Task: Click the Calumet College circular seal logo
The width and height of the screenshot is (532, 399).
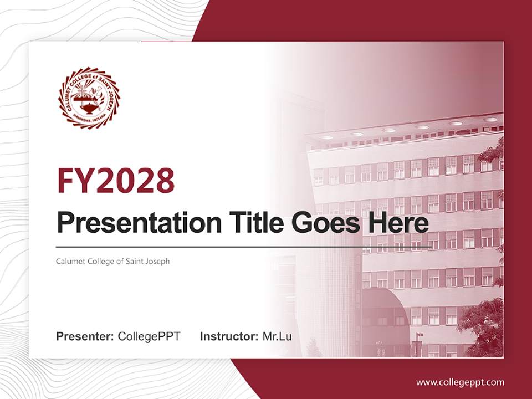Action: [x=89, y=98]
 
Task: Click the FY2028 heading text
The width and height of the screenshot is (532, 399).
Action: [x=116, y=181]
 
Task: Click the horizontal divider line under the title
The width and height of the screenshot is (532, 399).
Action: [x=244, y=247]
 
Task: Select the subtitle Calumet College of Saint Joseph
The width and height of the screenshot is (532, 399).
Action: [x=113, y=261]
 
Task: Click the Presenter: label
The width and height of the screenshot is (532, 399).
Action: [x=85, y=336]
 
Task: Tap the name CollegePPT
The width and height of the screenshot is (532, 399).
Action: [x=149, y=336]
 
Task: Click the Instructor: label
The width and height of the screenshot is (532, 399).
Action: [x=229, y=336]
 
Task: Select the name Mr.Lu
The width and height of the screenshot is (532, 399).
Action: [x=277, y=336]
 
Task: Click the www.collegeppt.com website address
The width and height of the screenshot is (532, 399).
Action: [x=460, y=382]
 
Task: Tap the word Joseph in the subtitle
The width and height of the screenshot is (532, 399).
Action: [x=158, y=261]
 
